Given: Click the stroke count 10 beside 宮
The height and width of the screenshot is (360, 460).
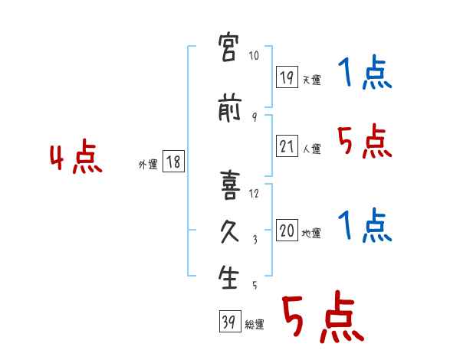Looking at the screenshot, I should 255,56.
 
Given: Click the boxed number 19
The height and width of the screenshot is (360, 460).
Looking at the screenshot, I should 287,77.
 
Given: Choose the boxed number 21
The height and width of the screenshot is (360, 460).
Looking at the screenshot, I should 287,146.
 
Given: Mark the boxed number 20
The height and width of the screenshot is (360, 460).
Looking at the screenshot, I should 287,230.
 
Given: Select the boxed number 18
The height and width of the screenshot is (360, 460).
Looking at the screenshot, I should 173,161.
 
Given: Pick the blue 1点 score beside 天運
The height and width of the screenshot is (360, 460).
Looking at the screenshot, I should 365,74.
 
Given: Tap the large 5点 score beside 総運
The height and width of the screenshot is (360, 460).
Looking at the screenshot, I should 321,317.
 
